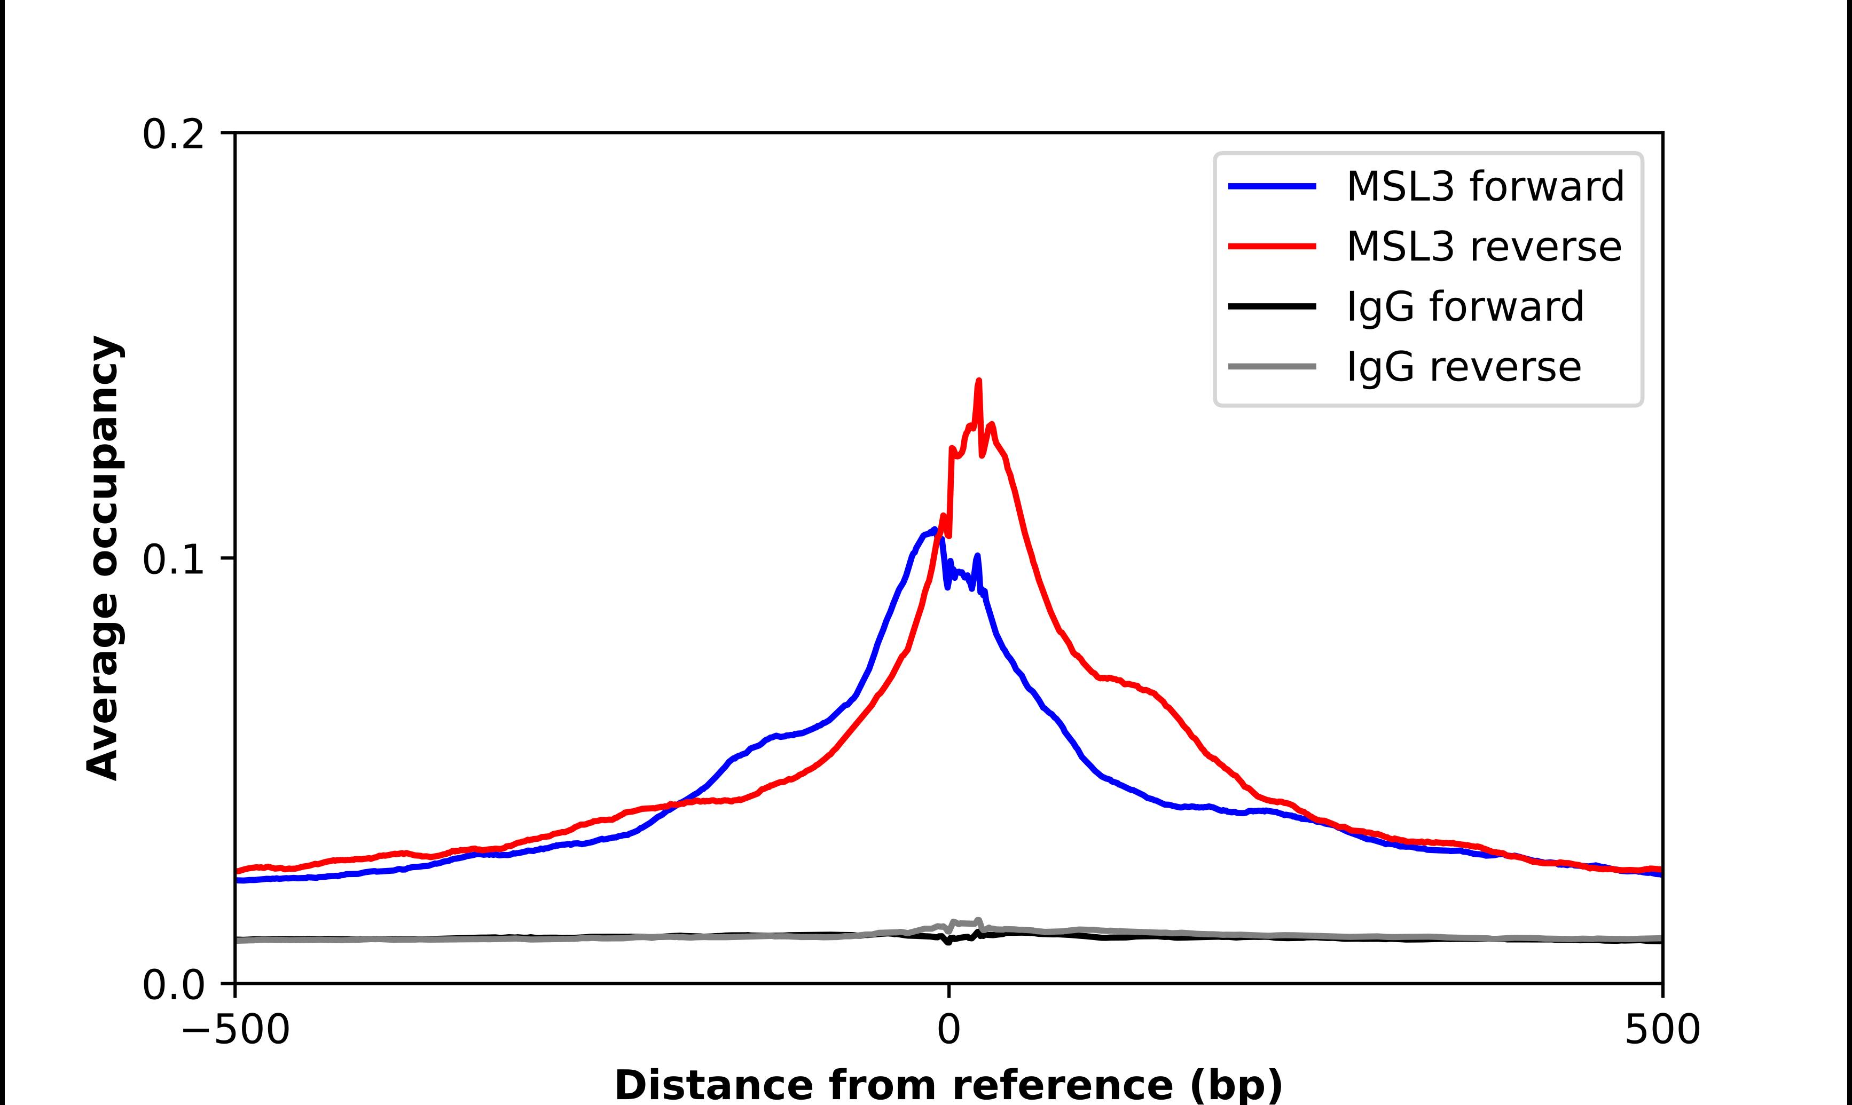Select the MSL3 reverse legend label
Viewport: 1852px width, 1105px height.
click(x=1484, y=247)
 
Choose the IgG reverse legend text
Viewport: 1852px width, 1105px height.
click(x=1463, y=367)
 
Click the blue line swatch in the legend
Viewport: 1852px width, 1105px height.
click(x=1272, y=186)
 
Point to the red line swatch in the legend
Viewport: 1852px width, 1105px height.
click(x=1272, y=247)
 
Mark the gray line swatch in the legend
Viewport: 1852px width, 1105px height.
click(x=1272, y=366)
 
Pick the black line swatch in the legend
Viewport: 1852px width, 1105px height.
click(x=1272, y=306)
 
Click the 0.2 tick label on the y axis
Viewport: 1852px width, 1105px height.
click(x=173, y=135)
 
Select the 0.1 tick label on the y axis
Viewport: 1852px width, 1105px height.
click(x=173, y=559)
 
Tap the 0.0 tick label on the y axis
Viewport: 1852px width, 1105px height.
click(x=173, y=984)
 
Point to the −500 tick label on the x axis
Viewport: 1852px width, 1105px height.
click(x=236, y=1030)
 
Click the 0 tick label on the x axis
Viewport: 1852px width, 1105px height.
click(x=948, y=1030)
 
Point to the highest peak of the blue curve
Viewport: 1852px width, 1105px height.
click(x=935, y=530)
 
